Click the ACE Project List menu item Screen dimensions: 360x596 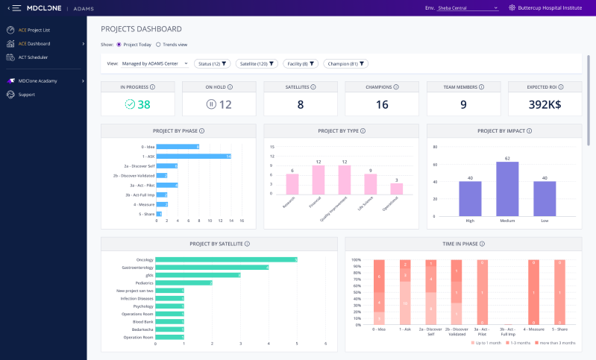[34, 31]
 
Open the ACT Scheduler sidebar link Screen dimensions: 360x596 [32, 57]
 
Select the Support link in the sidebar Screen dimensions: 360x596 [26, 95]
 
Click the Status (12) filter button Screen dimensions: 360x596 [213, 64]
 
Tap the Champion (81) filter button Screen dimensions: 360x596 [347, 64]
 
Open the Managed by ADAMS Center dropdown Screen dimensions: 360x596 [154, 64]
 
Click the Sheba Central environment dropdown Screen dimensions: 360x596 [467, 7]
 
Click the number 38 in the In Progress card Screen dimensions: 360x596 [144, 104]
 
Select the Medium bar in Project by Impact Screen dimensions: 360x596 [507, 189]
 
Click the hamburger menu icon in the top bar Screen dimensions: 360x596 [16, 7]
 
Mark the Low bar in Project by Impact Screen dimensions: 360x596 [545, 198]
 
